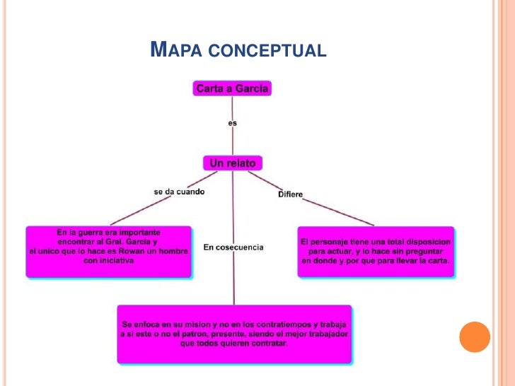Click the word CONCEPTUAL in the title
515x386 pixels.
270,51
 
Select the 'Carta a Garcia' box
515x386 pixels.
233,89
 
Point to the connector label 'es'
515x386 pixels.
233,123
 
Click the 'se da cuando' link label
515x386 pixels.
179,192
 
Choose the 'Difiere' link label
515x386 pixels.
291,194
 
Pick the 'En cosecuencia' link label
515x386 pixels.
233,247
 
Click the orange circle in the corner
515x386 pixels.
475,337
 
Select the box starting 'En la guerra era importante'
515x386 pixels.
109,251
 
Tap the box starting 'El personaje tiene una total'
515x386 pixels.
376,251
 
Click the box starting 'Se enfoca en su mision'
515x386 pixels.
234,333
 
